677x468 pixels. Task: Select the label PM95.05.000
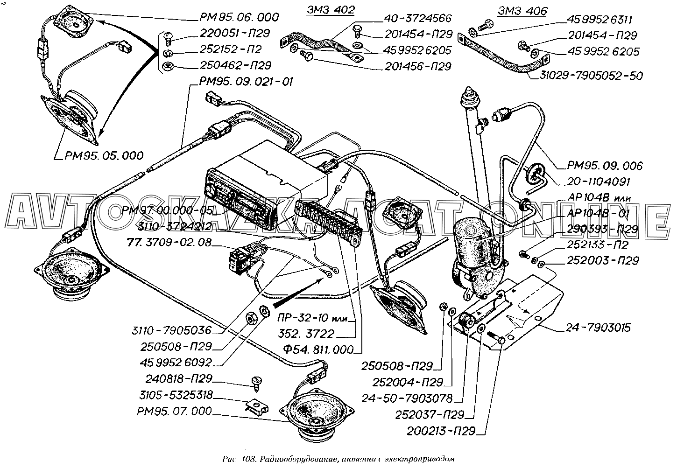click(102, 155)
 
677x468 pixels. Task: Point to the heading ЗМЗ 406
click(522, 11)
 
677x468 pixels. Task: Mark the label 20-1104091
click(599, 182)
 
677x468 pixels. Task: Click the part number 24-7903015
click(599, 328)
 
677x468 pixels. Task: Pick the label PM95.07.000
click(174, 412)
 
